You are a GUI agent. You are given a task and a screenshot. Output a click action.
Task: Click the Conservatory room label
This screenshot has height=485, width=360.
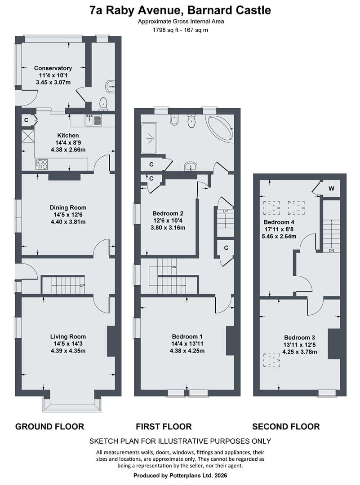click(x=53, y=68)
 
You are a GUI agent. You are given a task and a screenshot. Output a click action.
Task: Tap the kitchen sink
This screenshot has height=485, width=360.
click(x=93, y=120)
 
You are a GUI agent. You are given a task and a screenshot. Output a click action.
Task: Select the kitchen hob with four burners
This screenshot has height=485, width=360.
click(x=41, y=164)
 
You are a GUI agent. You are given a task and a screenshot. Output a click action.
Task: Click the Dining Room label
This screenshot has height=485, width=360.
click(x=68, y=207)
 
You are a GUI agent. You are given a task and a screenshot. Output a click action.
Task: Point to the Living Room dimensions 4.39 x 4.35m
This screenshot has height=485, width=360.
click(x=68, y=351)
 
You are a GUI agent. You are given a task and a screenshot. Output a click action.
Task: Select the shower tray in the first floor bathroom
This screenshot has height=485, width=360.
click(x=149, y=138)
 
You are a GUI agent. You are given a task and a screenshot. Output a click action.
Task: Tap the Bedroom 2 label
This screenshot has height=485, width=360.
click(x=168, y=213)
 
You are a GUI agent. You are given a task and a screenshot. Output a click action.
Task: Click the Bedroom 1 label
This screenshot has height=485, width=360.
click(x=187, y=336)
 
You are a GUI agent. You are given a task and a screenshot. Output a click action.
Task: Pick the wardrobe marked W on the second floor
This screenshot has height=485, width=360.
click(x=331, y=188)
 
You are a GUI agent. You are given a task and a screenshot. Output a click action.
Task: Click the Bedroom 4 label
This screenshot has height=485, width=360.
click(x=279, y=222)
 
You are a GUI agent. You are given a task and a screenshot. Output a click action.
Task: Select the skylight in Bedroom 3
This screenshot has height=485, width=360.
click(x=272, y=360)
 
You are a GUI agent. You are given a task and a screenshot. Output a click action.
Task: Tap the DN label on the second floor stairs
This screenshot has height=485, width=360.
click(x=332, y=251)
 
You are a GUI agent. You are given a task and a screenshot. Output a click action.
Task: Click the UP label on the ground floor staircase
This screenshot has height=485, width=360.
click(x=82, y=286)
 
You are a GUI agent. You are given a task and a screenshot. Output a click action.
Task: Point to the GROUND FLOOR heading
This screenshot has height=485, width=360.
click(x=49, y=427)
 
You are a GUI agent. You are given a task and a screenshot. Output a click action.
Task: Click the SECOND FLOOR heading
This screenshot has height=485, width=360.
click(x=286, y=427)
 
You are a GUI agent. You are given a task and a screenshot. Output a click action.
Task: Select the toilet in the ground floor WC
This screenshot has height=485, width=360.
click(x=103, y=104)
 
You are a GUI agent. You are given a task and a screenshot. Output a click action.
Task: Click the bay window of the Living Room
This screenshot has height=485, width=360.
click(x=72, y=405)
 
